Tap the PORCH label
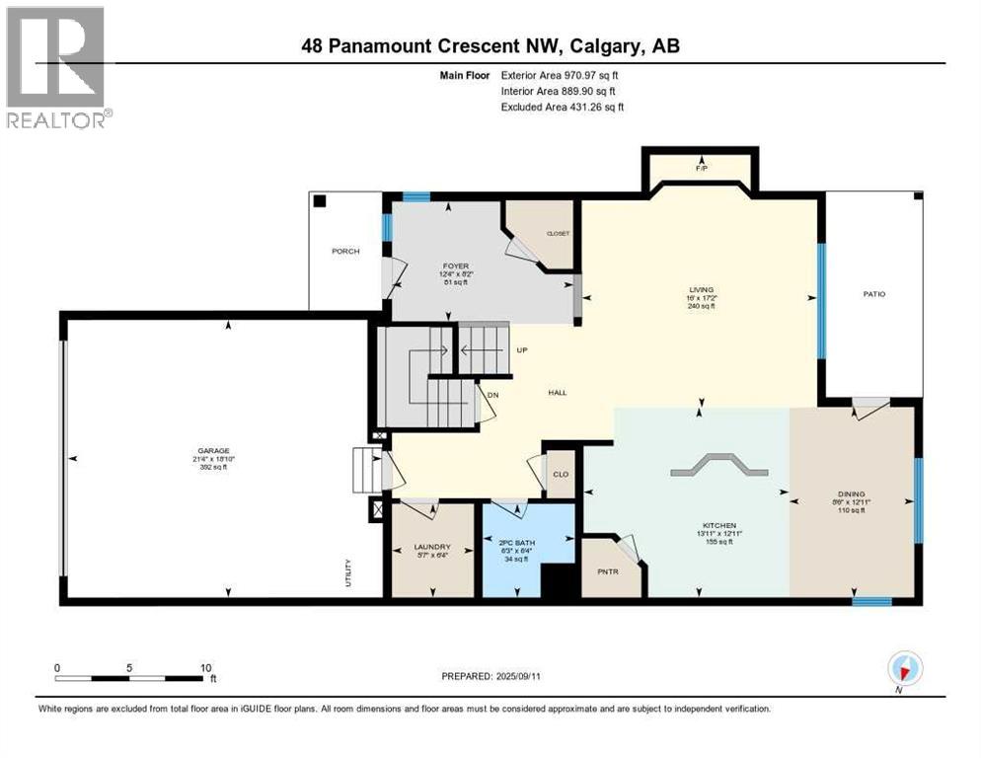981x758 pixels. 345,252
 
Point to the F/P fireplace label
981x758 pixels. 702,169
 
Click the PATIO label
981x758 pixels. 873,293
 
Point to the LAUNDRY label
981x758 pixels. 432,547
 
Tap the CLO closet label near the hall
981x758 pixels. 561,475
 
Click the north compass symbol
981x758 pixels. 903,668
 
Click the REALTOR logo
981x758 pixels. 57,67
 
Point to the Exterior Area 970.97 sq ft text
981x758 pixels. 561,75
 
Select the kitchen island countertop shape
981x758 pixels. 717,466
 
